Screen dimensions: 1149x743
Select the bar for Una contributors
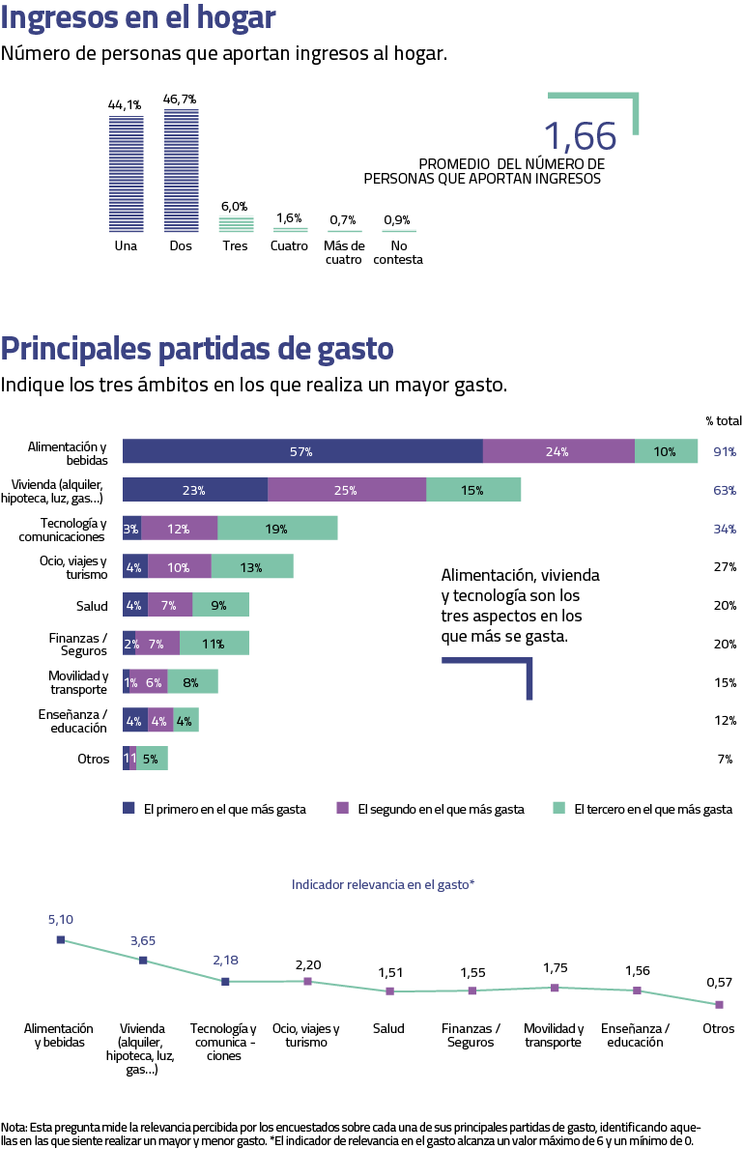pos(126,174)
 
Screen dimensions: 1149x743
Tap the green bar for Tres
pos(236,224)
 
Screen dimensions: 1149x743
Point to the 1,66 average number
pos(579,137)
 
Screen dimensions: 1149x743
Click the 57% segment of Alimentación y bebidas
pos(301,451)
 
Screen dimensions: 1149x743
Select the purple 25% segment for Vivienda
pos(347,490)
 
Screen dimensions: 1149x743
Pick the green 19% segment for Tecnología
pos(277,528)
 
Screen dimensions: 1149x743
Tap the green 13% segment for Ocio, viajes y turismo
pos(252,566)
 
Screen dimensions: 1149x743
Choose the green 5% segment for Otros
pos(152,759)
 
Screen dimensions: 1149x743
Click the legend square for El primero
pos(129,809)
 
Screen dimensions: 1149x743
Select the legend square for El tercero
pos(558,809)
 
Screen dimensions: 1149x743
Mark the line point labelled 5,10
pos(60,938)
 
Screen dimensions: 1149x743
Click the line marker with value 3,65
pos(143,960)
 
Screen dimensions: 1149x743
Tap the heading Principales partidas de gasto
pos(197,348)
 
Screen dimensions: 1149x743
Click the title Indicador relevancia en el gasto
pos(383,884)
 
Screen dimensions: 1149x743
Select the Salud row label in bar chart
pos(92,606)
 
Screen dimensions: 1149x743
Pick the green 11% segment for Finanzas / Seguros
pos(214,644)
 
